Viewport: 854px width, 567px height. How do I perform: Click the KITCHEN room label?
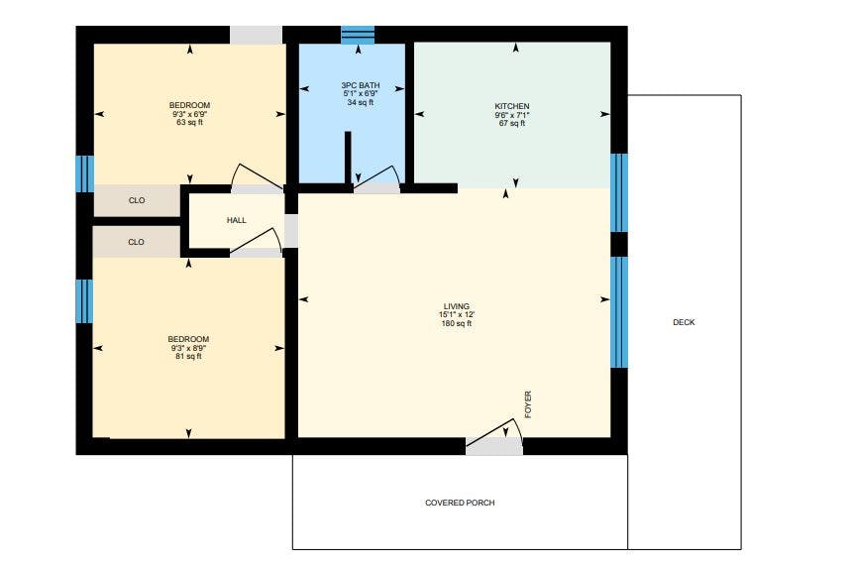(512, 106)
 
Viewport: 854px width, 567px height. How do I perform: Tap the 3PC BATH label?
(361, 85)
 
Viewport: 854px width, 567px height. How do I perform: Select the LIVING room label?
(457, 306)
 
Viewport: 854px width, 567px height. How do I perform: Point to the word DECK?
(684, 322)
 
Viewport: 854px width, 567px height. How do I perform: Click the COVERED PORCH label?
(461, 503)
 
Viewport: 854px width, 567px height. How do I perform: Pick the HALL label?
(237, 220)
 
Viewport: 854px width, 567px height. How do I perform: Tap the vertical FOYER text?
(528, 404)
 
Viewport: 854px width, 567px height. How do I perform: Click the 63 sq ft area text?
(189, 123)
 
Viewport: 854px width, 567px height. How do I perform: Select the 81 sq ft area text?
(188, 357)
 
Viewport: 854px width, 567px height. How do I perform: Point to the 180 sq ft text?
(457, 324)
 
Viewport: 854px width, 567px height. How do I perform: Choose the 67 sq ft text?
(512, 124)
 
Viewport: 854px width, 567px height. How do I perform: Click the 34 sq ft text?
(361, 102)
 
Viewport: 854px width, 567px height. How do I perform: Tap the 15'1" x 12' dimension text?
(457, 315)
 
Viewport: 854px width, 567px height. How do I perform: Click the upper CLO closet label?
(137, 200)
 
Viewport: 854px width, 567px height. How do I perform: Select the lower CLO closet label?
(136, 242)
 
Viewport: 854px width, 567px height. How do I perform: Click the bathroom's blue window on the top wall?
(358, 35)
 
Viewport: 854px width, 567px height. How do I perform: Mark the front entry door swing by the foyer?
(495, 432)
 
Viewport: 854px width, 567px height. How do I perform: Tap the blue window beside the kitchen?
(619, 193)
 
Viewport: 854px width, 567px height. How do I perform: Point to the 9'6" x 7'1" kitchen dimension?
(512, 115)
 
